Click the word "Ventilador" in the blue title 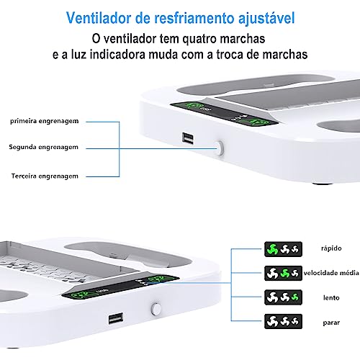(99, 18)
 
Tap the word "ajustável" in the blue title (266, 19)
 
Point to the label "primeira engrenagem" (45, 121)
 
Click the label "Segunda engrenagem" (43, 147)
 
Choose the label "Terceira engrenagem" (45, 176)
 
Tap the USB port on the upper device (187, 138)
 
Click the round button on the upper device (220, 148)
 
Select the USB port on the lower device (116, 319)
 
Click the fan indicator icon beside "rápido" (283, 249)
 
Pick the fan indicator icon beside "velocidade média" (283, 273)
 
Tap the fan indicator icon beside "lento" (283, 297)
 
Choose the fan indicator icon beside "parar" (283, 321)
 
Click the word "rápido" (331, 248)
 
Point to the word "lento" (331, 298)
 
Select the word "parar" (331, 323)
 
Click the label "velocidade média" (331, 273)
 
